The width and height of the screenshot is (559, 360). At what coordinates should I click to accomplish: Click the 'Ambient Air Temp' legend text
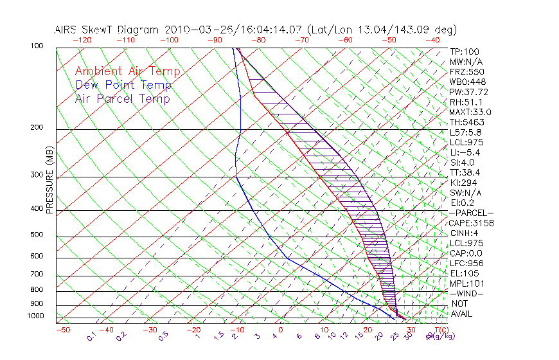[x=127, y=71]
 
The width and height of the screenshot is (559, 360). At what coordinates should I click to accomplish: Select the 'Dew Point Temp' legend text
[x=123, y=85]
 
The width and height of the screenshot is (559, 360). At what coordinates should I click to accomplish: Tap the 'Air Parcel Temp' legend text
[x=122, y=98]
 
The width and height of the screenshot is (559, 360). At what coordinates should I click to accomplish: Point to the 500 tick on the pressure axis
[x=36, y=235]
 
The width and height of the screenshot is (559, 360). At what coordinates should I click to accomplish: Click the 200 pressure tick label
[x=36, y=128]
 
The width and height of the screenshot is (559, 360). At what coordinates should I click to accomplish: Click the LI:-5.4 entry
[x=465, y=152]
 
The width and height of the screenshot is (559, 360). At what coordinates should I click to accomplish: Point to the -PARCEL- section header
[x=471, y=213]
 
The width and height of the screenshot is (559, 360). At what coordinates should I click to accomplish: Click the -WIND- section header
[x=466, y=293]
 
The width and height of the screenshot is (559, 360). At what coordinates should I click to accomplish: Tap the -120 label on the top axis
[x=82, y=40]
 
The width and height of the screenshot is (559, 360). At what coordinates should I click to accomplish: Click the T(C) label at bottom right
[x=439, y=330]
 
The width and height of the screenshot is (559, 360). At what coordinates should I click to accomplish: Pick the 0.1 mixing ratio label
[x=91, y=336]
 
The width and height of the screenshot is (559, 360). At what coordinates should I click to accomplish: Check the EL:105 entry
[x=464, y=273]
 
